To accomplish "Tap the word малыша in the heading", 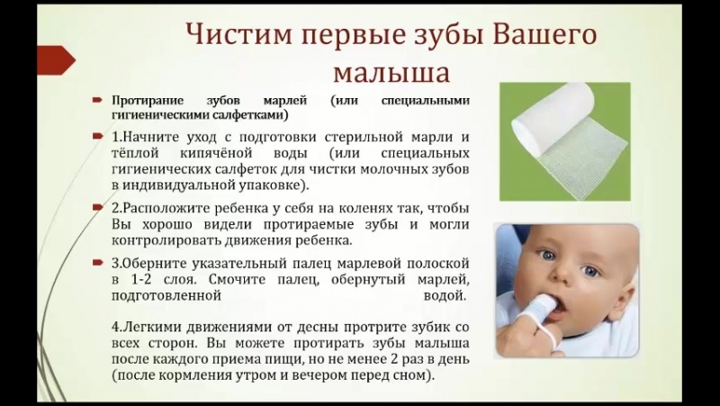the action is [x=391, y=73].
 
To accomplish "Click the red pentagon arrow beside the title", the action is [x=56, y=60].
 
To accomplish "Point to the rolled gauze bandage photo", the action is [x=565, y=141].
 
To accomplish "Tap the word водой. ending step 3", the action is [x=445, y=296].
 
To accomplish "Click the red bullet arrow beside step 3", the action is [x=98, y=263].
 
